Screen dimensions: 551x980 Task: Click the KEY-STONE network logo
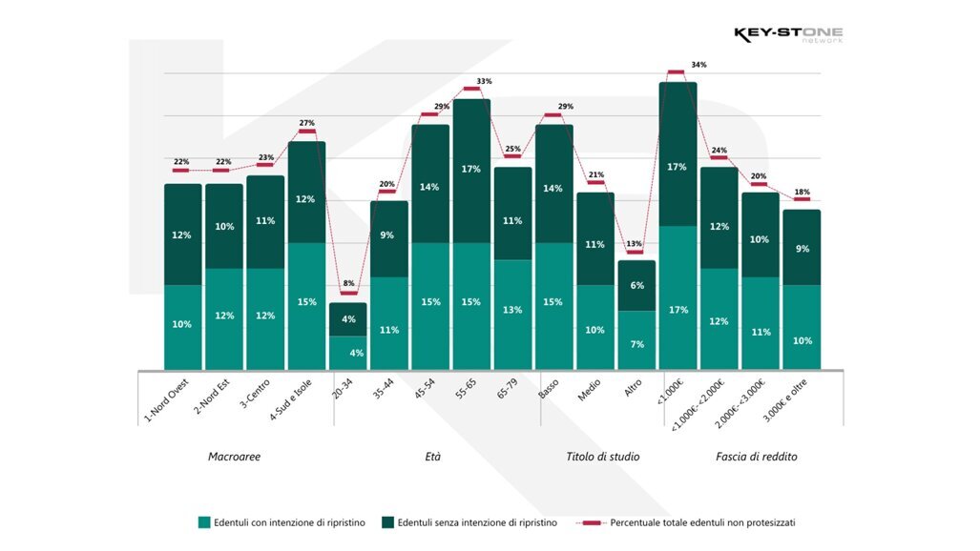click(787, 35)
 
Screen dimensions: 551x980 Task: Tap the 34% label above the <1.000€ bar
click(699, 65)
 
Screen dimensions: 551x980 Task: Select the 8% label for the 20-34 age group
click(348, 283)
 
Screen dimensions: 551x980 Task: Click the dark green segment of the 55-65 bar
click(471, 170)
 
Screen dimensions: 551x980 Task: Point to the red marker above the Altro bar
click(636, 253)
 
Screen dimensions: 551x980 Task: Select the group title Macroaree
click(234, 457)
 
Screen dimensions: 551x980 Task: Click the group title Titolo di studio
click(603, 457)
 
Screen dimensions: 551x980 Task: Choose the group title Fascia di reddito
click(756, 457)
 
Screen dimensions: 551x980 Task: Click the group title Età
click(432, 457)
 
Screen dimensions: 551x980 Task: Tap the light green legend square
click(204, 521)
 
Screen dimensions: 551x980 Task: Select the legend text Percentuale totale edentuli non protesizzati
click(702, 522)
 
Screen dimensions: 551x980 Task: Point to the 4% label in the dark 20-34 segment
click(348, 319)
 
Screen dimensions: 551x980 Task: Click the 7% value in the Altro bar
click(636, 343)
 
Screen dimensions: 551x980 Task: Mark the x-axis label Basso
click(549, 392)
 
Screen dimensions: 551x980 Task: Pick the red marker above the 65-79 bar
click(512, 157)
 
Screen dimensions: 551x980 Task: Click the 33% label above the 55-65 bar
click(484, 81)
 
